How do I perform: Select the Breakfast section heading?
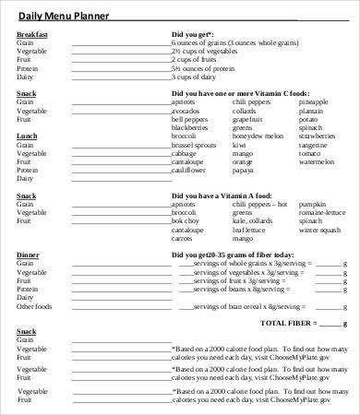(32, 34)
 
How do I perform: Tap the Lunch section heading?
(27, 136)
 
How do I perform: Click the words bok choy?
(186, 221)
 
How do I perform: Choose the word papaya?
(243, 171)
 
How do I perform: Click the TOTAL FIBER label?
(287, 323)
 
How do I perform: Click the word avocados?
(187, 110)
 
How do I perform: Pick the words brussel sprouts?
(192, 145)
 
